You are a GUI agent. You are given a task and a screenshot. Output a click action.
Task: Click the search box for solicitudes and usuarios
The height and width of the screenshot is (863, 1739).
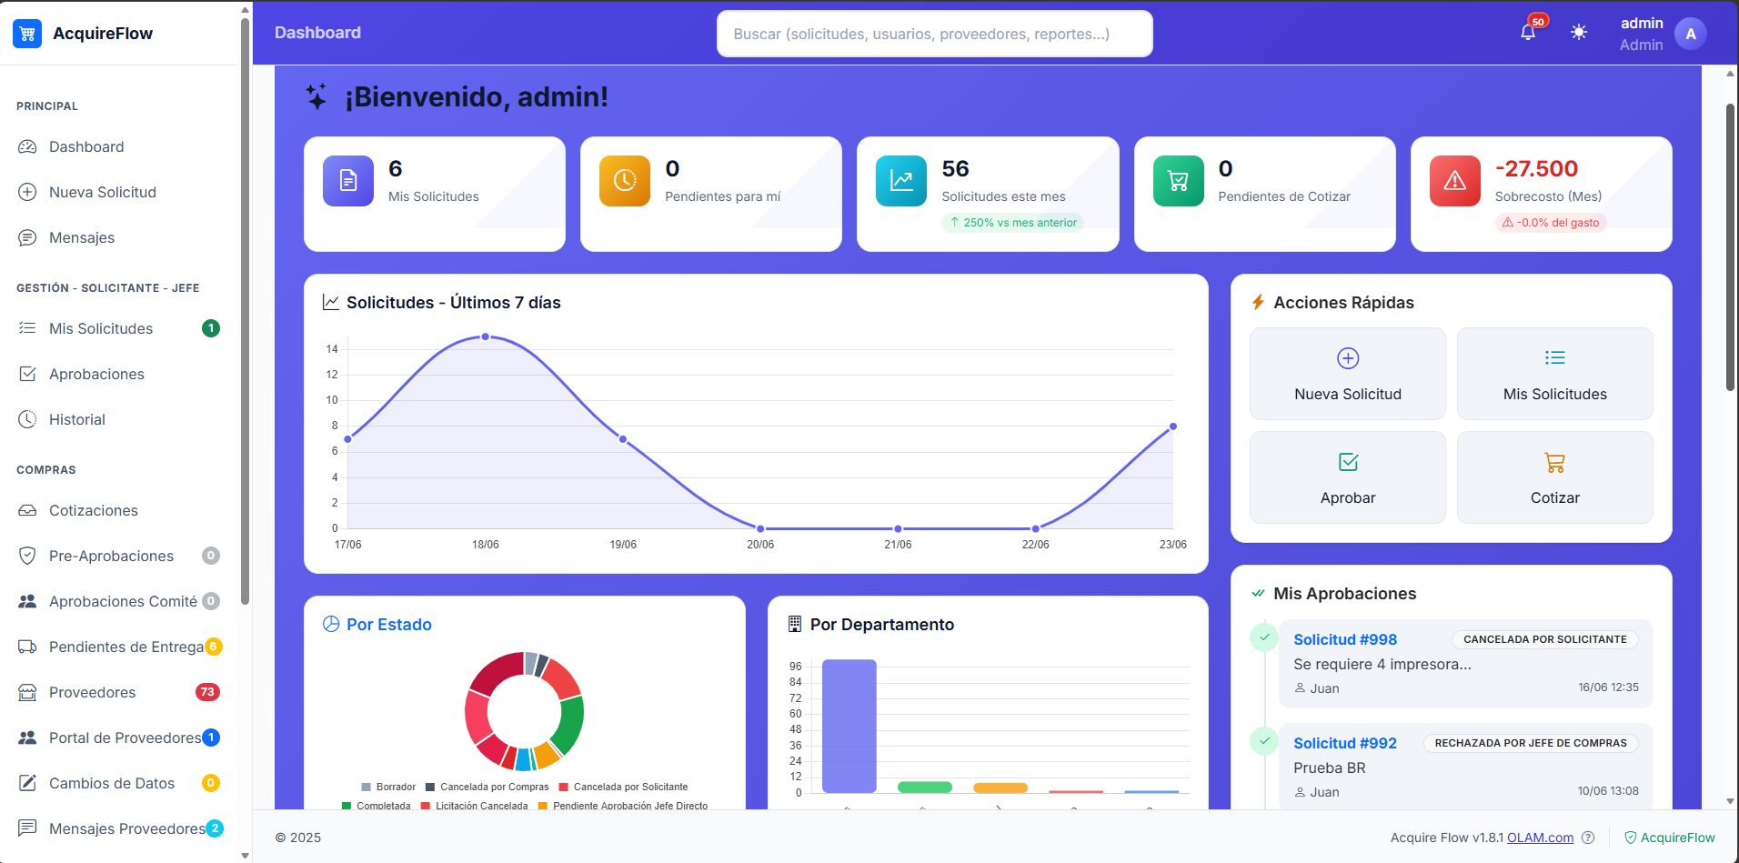[x=934, y=34]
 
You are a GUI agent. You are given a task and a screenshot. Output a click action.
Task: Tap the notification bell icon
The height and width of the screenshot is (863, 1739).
[x=1528, y=33]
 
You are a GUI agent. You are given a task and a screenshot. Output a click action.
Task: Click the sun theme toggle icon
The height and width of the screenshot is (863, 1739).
[x=1579, y=33]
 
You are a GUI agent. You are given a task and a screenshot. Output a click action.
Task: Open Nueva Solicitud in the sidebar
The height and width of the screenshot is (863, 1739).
[x=102, y=192]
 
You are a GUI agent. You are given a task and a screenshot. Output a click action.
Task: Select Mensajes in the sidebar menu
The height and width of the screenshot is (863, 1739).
[x=82, y=237]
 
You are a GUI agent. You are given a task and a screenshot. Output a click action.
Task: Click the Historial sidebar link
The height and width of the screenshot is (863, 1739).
[x=77, y=419]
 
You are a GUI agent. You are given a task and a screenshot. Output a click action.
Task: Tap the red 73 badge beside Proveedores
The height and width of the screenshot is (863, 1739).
[x=207, y=692]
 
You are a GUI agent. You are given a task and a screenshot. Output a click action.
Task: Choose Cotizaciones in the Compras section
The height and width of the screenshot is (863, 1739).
[x=94, y=510]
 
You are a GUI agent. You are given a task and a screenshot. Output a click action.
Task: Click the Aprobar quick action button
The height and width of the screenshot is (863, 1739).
[x=1348, y=477]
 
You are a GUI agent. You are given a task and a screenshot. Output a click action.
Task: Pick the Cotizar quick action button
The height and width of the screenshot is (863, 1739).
[x=1555, y=477]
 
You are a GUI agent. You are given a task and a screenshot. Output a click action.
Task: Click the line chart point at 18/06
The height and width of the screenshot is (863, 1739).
[x=486, y=336]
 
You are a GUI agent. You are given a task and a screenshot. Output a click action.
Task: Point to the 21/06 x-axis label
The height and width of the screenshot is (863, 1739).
[x=898, y=545]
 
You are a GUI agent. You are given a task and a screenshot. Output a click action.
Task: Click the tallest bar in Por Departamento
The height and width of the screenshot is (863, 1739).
[x=849, y=726]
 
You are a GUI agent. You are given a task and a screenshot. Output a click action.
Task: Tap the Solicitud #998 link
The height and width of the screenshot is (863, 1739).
[x=1345, y=639]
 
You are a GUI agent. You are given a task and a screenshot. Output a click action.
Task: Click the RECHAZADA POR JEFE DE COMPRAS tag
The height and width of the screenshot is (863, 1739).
[x=1531, y=743]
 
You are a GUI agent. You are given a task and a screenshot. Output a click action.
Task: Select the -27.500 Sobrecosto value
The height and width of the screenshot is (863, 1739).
[x=1536, y=169]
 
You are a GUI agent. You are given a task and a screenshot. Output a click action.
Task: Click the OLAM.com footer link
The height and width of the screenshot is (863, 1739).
[x=1540, y=838]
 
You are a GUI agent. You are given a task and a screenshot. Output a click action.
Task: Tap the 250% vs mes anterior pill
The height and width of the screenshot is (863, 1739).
[x=1012, y=223]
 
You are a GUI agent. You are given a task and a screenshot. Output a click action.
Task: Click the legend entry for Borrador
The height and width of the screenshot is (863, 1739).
[x=388, y=787]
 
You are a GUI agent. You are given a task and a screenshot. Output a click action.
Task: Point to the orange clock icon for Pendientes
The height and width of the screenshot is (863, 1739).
[x=625, y=181]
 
